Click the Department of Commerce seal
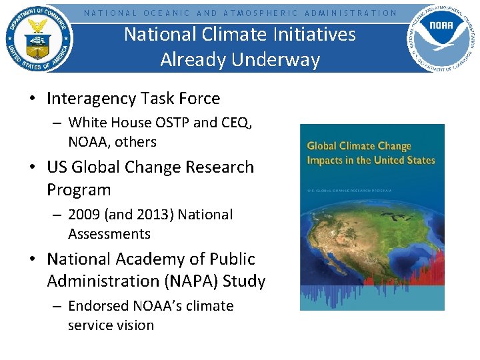click(39, 38)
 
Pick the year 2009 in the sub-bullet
click(85, 215)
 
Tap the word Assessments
click(109, 234)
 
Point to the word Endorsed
click(99, 306)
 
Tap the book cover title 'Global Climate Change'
click(359, 146)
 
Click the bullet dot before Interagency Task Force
click(32, 99)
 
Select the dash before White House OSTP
click(55, 123)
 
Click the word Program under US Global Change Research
click(79, 189)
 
